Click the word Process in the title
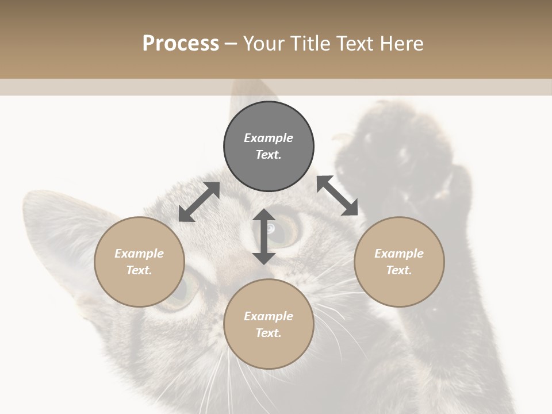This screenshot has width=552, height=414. [181, 44]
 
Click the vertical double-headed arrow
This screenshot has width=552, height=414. [264, 236]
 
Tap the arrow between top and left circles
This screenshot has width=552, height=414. [199, 202]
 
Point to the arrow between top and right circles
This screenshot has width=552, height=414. [338, 195]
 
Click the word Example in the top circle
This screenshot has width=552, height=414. [269, 138]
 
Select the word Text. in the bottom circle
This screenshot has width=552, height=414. [269, 333]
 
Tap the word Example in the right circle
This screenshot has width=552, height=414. [399, 254]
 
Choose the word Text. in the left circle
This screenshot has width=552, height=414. [139, 270]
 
